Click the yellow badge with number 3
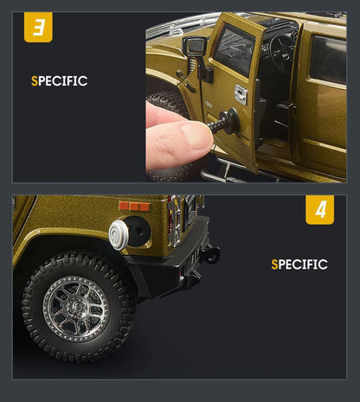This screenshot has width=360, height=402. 38,27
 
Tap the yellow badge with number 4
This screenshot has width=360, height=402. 319,210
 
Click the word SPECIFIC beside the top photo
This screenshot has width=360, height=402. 59,81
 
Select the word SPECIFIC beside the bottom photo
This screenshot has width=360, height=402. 299,265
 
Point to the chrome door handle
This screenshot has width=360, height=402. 241,94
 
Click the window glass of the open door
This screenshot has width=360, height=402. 234,48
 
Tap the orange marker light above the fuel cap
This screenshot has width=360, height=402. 134,207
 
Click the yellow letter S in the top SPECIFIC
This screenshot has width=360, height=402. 34,81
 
